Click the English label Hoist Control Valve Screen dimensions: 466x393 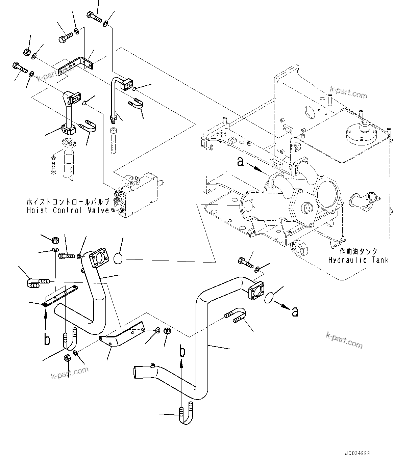[68, 211]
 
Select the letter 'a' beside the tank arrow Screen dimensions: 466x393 [240, 162]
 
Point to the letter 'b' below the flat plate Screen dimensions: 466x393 [47, 340]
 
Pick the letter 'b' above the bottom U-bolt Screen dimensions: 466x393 [182, 352]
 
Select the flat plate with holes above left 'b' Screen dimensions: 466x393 [61, 296]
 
